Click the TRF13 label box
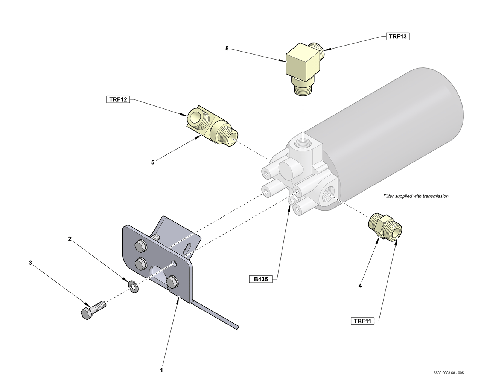point(398,37)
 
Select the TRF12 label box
point(118,99)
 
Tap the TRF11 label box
point(362,321)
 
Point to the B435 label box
point(260,279)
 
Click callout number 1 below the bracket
point(161,370)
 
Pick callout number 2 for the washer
point(70,239)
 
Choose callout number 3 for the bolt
point(30,263)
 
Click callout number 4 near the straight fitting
point(360,286)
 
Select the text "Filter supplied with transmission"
point(416,196)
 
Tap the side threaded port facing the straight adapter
point(328,194)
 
